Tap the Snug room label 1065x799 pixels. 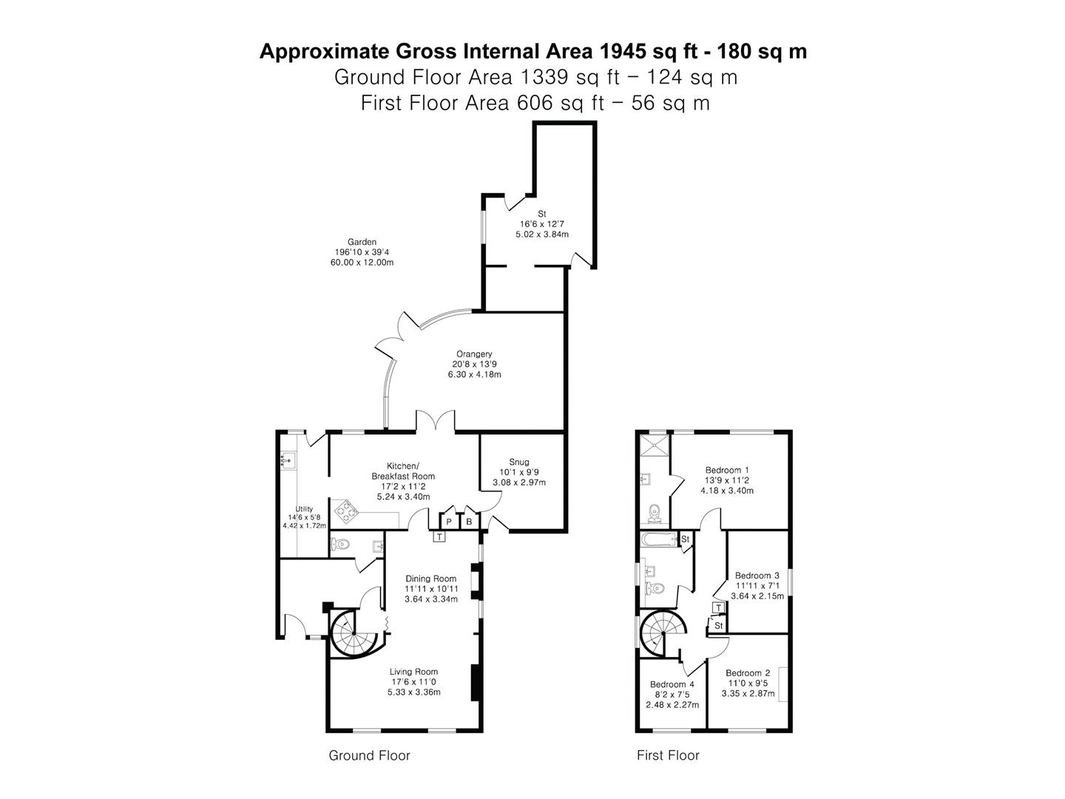pos(519,462)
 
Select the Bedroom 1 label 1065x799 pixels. pos(727,470)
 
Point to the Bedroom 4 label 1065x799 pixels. pos(672,684)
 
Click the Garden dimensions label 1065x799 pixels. pos(362,252)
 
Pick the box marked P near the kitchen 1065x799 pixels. pos(449,522)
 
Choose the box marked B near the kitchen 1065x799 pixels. pos(469,522)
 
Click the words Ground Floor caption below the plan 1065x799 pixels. pos(369,755)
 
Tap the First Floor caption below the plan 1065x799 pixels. pos(668,755)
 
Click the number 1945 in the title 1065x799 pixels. pos(623,52)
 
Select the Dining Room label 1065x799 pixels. pos(430,579)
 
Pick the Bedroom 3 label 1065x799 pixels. pos(757,576)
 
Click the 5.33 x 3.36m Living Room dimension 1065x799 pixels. pos(413,692)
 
